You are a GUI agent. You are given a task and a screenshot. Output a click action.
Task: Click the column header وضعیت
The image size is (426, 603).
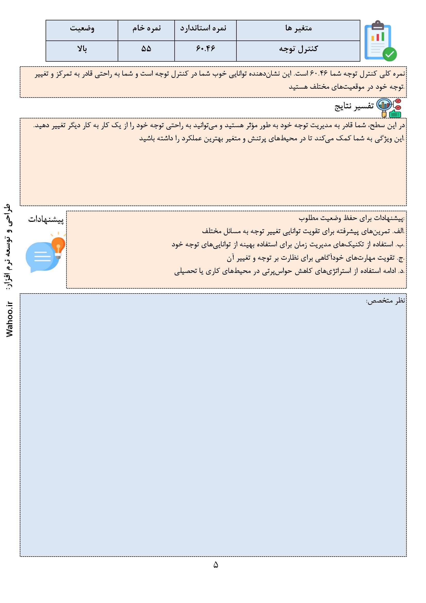(x=82, y=28)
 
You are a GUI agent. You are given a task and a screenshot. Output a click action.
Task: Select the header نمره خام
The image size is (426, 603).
(x=146, y=28)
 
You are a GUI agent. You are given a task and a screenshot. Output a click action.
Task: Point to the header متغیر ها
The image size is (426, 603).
(x=298, y=28)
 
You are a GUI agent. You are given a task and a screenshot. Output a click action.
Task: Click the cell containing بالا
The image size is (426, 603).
(x=82, y=49)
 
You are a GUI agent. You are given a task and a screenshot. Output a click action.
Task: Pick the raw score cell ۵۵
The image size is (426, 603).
(x=146, y=49)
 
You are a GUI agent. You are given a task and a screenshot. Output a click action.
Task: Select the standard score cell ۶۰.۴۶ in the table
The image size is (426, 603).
(x=205, y=49)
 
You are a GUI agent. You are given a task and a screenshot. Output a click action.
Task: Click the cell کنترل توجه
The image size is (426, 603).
(x=298, y=49)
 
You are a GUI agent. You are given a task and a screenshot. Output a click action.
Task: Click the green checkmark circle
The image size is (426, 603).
(x=389, y=54)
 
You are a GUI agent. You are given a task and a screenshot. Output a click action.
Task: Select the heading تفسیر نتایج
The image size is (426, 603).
(x=354, y=107)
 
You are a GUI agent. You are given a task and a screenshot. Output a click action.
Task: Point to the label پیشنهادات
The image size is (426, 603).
(x=46, y=220)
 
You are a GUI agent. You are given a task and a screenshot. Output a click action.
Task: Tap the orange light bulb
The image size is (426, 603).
(x=58, y=245)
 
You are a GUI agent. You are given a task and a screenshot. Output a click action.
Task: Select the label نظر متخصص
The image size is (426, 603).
(x=385, y=301)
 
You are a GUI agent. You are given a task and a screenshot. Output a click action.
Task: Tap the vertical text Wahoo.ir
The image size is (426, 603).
(x=10, y=319)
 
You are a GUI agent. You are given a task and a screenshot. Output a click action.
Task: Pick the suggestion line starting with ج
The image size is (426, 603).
(x=315, y=258)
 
